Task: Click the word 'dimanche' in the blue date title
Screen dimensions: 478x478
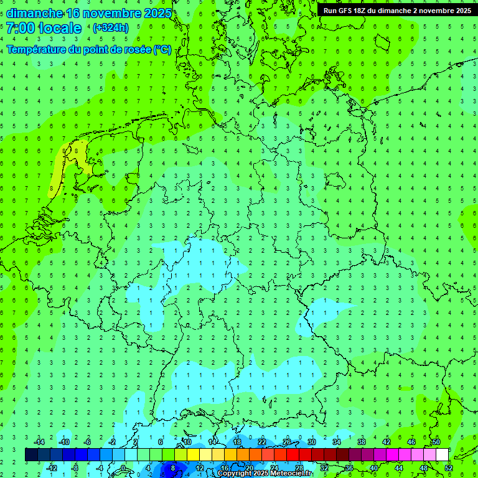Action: point(34,13)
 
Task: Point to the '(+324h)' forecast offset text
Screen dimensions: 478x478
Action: point(111,28)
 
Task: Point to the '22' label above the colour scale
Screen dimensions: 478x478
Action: point(261,442)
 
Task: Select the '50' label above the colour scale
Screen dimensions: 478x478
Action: point(436,442)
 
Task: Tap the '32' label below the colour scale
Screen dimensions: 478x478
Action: point(324,468)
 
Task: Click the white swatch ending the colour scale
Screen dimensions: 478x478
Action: point(442,455)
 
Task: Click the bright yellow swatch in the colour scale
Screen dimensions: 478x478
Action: point(193,455)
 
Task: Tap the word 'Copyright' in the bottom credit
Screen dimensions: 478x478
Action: point(234,474)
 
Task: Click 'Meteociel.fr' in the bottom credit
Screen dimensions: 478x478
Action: point(291,474)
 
